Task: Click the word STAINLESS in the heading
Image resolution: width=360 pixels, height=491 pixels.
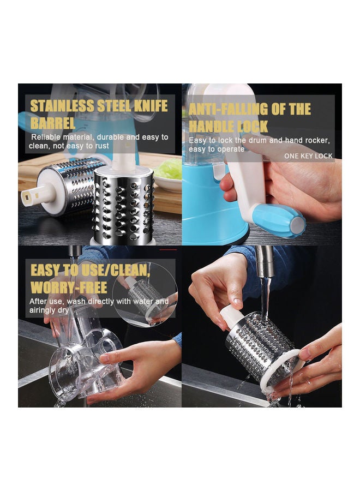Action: [x=62, y=106]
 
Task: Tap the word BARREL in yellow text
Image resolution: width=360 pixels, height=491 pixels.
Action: [x=52, y=123]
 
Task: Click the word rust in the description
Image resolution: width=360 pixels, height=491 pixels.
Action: [x=101, y=146]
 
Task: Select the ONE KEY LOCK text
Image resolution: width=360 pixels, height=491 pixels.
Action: [x=308, y=156]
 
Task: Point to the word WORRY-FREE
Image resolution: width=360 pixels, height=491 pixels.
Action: [x=69, y=287]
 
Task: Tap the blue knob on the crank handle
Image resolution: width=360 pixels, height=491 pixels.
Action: [x=278, y=220]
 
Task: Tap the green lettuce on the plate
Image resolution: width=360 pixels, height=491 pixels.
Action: [x=169, y=169]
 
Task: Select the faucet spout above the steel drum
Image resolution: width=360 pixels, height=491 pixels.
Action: [x=265, y=261]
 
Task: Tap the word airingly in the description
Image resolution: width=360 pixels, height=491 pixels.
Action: [x=43, y=310]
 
